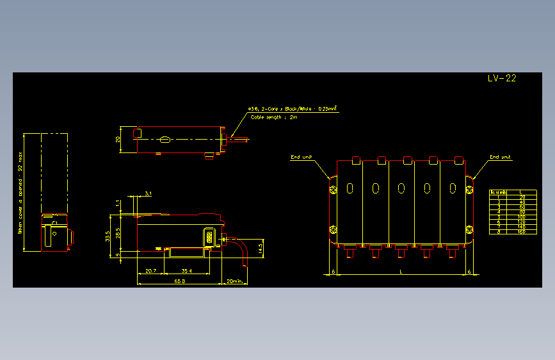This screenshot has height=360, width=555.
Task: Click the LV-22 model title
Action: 501,79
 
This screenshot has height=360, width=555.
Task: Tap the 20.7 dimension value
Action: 151,272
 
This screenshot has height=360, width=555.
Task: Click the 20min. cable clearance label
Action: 235,281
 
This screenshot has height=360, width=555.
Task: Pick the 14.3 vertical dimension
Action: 260,248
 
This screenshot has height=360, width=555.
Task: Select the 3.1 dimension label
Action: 149,193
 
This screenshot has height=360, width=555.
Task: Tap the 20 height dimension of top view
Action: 118,138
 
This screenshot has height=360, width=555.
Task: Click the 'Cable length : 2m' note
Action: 274,117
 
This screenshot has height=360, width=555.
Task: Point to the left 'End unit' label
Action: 302,157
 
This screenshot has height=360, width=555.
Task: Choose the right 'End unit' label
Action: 500,157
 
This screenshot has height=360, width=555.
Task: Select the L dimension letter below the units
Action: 401,272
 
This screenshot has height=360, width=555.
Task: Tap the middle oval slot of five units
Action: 401,188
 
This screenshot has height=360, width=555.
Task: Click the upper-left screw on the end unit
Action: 334,189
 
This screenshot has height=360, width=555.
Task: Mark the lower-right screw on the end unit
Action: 469,230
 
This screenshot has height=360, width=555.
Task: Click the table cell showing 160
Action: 522,231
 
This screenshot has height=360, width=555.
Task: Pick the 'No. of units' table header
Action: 498,192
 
